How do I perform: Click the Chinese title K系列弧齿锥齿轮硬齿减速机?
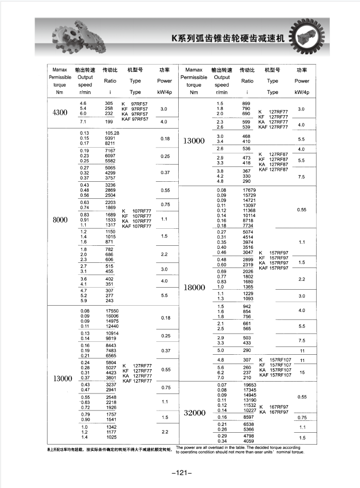point(228,39)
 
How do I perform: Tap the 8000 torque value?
point(60,219)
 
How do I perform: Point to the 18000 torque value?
point(195,288)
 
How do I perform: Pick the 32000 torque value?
point(195,413)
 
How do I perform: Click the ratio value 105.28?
point(112,133)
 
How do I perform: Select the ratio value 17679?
point(249,190)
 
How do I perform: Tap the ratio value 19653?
point(249,385)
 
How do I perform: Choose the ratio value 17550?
point(112,311)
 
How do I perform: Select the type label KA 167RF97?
point(274,412)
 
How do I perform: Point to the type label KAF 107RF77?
point(136,226)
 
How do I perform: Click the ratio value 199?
point(109,121)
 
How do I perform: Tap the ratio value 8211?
point(110,143)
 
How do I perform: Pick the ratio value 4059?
point(248,441)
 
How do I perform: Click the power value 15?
point(302,372)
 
